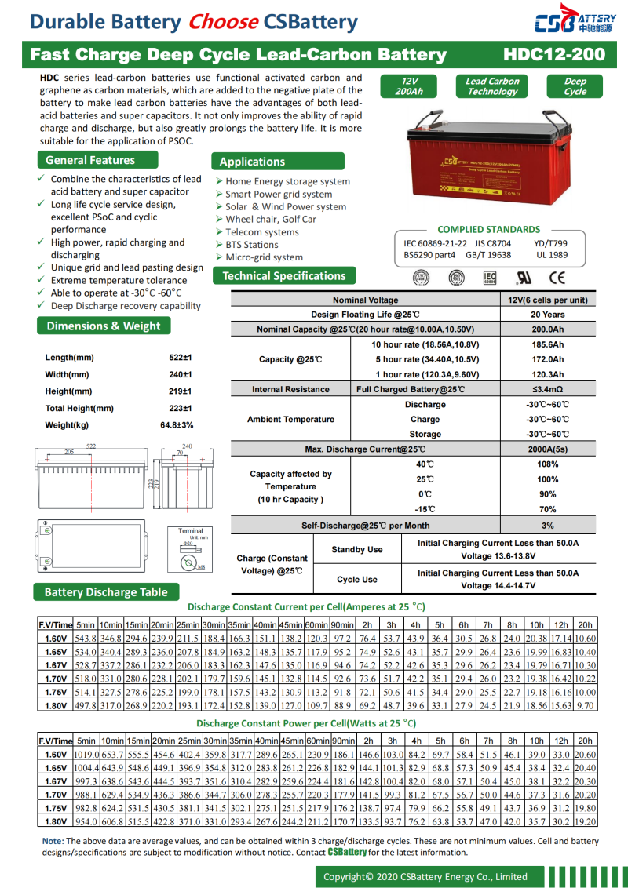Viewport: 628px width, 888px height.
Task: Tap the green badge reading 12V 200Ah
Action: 411,86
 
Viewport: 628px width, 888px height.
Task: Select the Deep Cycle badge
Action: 575,86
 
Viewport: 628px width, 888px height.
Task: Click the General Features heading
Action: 89,160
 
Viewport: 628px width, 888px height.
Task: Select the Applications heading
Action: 252,162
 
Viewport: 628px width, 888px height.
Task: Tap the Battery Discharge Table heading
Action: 106,591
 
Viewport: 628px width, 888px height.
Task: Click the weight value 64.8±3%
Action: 176,424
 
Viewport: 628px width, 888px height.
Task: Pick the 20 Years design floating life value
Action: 547,315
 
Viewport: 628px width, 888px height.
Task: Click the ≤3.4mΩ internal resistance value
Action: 547,389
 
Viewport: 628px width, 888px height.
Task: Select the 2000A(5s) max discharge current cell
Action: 547,449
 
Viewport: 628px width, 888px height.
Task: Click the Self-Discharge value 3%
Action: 547,526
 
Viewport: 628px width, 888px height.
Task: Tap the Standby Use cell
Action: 357,550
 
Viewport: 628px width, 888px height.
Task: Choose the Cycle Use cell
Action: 357,580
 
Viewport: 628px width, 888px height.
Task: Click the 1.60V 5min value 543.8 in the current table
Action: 86,639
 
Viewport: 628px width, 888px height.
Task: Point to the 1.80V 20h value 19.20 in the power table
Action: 585,821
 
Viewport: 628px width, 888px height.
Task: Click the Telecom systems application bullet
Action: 261,232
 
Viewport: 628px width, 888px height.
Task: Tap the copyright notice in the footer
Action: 425,876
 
